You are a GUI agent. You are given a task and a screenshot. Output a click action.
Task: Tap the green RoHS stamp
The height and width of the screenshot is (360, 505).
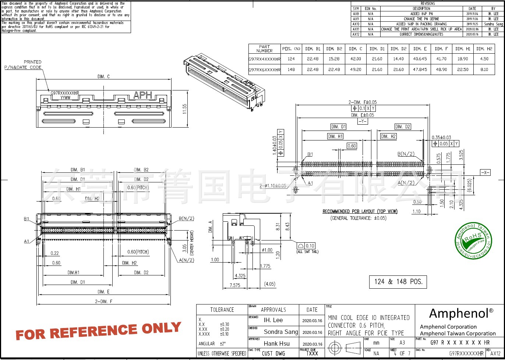pyautogui.click(x=473, y=240)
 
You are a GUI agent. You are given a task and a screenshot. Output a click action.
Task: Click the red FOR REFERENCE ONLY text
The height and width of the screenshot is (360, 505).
pyautogui.click(x=98, y=330)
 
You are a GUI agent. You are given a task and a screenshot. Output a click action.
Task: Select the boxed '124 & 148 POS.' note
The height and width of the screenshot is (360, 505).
pyautogui.click(x=398, y=282)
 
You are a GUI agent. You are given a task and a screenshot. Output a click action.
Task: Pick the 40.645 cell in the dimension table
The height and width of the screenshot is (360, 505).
pyautogui.click(x=420, y=59)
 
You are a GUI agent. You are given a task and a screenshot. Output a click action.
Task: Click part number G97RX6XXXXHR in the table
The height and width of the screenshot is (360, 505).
pyautogui.click(x=264, y=69)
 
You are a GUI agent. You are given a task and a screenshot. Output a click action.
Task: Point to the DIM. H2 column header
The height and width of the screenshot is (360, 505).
pyautogui.click(x=484, y=49)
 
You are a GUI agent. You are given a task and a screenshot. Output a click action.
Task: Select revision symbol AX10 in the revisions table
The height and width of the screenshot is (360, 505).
pyautogui.click(x=356, y=24)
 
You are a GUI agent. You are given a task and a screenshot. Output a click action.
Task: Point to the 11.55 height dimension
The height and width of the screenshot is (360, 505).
pyautogui.click(x=184, y=108)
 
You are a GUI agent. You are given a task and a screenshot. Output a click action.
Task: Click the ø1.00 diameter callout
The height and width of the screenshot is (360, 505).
pyautogui.click(x=266, y=250)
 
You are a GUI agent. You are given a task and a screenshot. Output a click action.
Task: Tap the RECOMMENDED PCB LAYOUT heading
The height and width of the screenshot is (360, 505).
pyautogui.click(x=360, y=211)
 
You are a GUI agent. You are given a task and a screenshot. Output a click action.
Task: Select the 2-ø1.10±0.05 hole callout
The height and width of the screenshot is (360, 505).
pyautogui.click(x=273, y=186)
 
